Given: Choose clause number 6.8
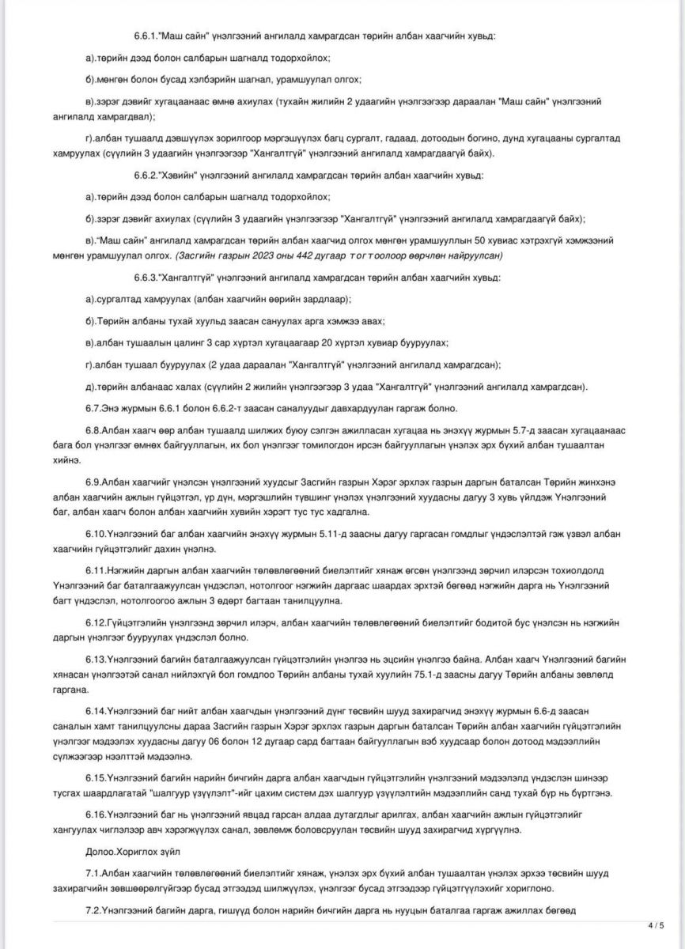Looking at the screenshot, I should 94,430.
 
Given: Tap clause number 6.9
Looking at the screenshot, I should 94,481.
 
